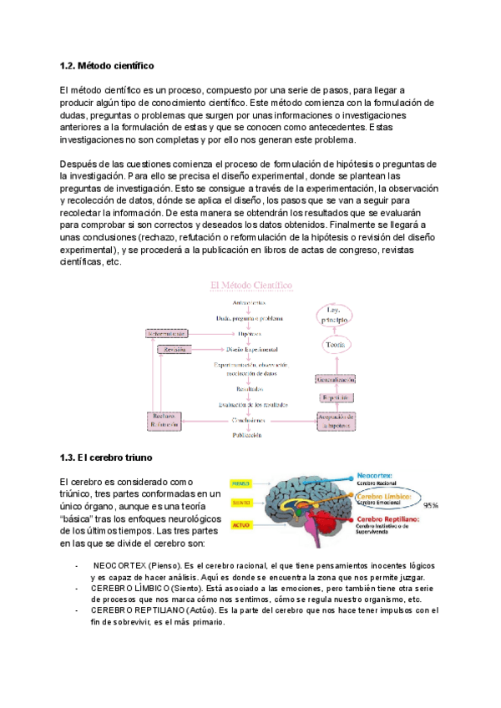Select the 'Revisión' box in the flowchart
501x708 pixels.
174,349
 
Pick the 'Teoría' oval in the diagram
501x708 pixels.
335,342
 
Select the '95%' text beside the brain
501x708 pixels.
431,505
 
